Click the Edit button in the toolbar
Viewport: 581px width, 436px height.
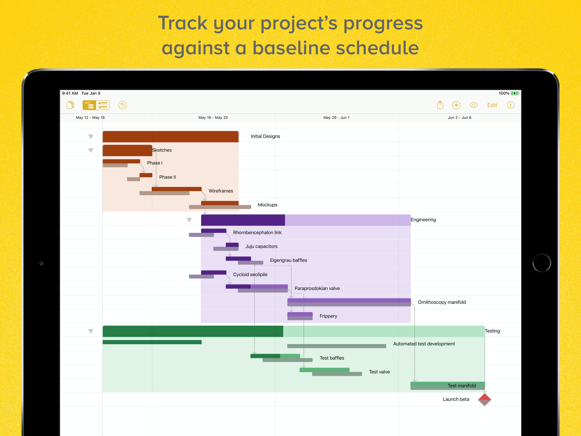(x=492, y=105)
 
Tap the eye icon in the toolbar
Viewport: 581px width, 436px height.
(x=474, y=105)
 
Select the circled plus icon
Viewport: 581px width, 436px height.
(x=456, y=105)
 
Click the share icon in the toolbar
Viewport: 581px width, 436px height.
(x=440, y=105)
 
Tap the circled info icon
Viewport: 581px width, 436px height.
(x=510, y=105)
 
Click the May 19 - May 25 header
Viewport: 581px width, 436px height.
(x=213, y=118)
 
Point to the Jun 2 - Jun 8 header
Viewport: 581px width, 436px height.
(x=459, y=118)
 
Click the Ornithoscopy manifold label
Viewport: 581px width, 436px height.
(x=441, y=302)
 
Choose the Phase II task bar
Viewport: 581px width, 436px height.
(x=146, y=175)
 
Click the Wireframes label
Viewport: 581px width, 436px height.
(x=221, y=191)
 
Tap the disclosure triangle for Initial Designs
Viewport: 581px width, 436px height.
(x=91, y=136)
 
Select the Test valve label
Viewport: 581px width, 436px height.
(x=379, y=372)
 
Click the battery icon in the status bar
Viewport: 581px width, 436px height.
(x=515, y=93)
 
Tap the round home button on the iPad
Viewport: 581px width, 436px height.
(x=542, y=263)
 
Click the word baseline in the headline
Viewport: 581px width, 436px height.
(x=291, y=48)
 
